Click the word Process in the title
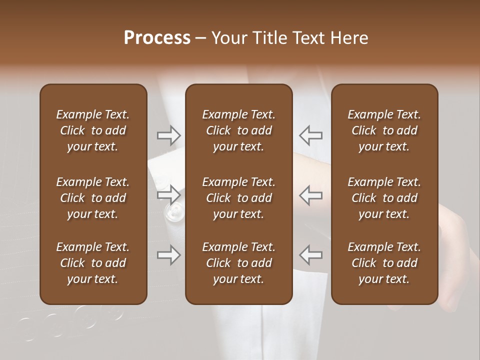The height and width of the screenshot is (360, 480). click(157, 38)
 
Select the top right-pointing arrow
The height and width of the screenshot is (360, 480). click(169, 135)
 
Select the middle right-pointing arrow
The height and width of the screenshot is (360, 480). click(169, 194)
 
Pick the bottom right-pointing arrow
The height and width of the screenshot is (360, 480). click(169, 255)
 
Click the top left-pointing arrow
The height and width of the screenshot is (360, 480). click(310, 135)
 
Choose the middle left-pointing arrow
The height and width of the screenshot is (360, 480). click(310, 194)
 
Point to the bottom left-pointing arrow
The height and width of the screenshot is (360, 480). click(310, 255)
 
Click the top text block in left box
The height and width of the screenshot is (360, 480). click(93, 130)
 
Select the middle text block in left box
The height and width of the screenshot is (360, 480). click(93, 198)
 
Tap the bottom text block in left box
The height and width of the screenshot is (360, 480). click(93, 263)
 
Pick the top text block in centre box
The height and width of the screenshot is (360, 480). click(238, 130)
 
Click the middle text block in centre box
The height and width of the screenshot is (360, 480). click(238, 198)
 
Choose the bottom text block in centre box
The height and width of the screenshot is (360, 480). click(238, 263)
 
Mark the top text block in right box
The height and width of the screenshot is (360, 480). click(384, 130)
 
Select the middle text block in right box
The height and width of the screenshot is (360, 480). click(384, 198)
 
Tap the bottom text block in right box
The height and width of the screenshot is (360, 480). click(384, 263)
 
